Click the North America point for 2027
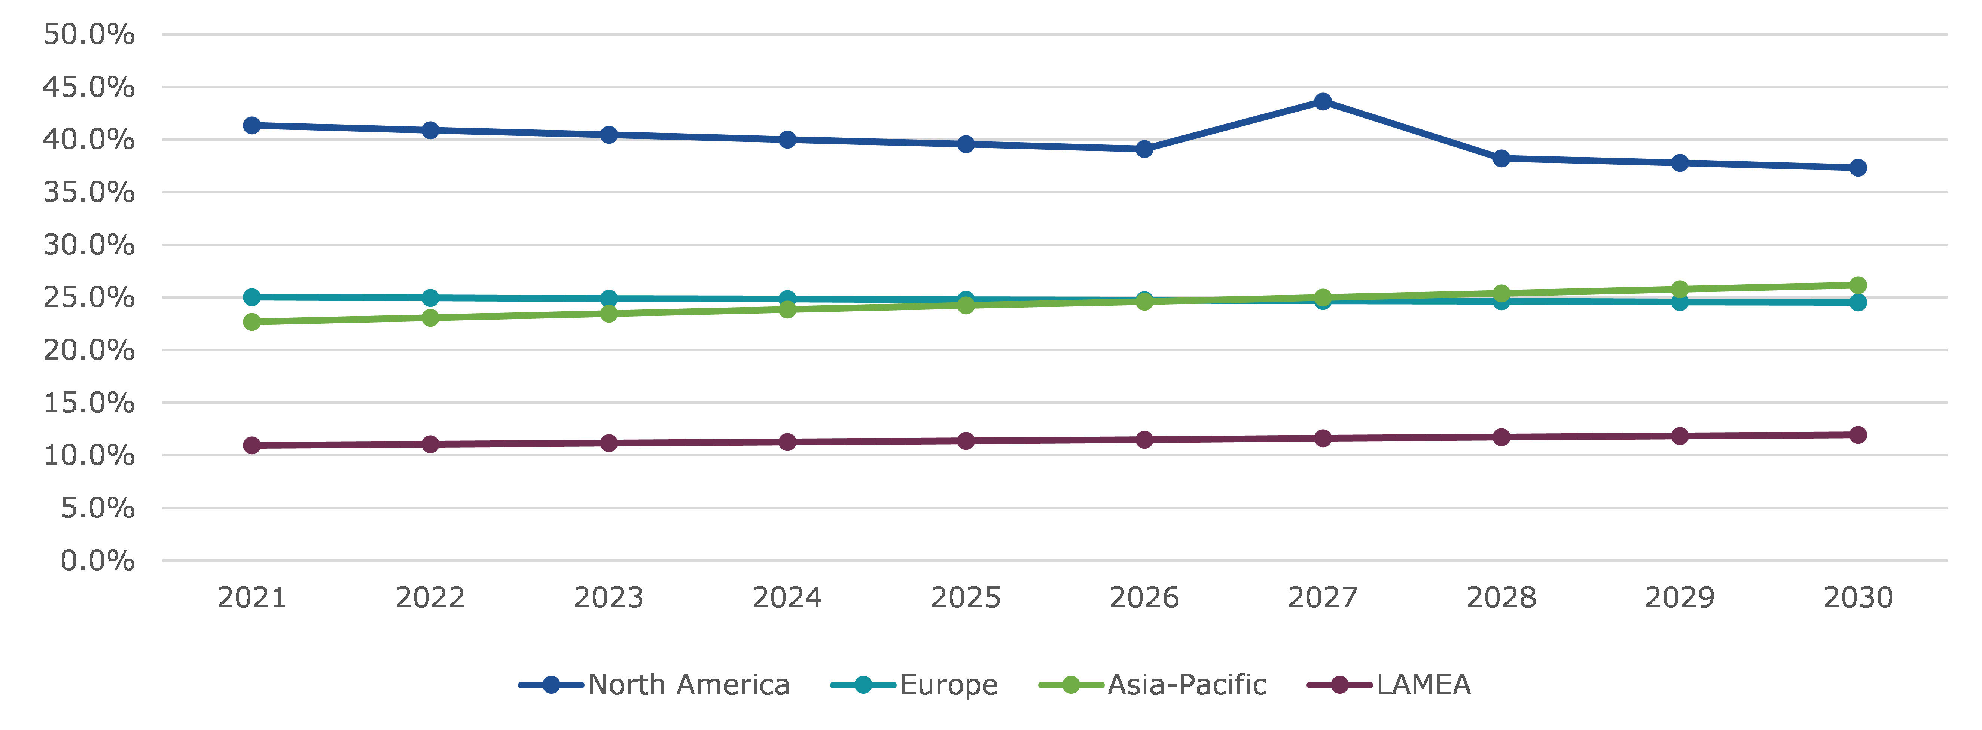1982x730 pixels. pyautogui.click(x=1323, y=101)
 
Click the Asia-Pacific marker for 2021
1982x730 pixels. pyautogui.click(x=251, y=321)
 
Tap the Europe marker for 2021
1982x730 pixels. pyautogui.click(x=251, y=297)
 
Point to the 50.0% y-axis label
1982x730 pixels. pyautogui.click(x=88, y=35)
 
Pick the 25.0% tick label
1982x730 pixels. pyautogui.click(x=88, y=298)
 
